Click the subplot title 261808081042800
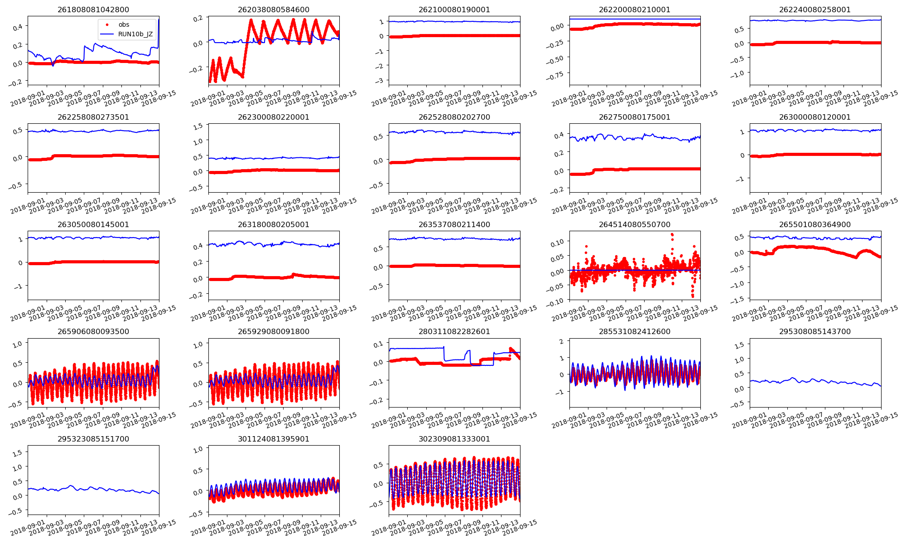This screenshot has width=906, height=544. [93, 10]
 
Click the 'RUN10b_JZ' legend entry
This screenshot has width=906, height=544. [135, 34]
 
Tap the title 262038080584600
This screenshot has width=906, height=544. [274, 10]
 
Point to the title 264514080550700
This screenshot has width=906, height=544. [635, 224]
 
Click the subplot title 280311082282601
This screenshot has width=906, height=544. [454, 331]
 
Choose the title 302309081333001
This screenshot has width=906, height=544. [454, 439]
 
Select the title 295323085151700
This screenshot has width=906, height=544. [93, 439]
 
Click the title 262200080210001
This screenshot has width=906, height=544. [635, 10]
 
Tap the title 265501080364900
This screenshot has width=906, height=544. [815, 224]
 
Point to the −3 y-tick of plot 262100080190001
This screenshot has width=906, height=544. [380, 81]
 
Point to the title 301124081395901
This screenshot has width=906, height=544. [274, 439]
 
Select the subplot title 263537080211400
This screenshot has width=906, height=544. [454, 224]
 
